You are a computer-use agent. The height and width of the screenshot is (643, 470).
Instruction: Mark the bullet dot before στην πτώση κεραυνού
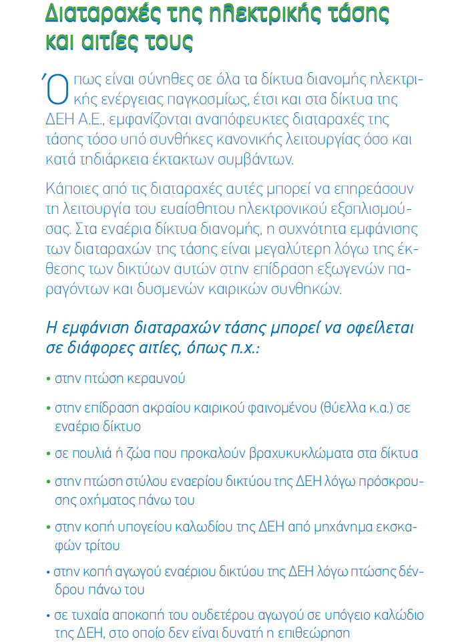(x=49, y=379)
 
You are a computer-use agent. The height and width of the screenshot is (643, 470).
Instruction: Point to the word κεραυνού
(x=158, y=379)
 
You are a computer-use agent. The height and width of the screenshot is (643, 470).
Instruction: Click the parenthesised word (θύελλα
(x=342, y=407)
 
